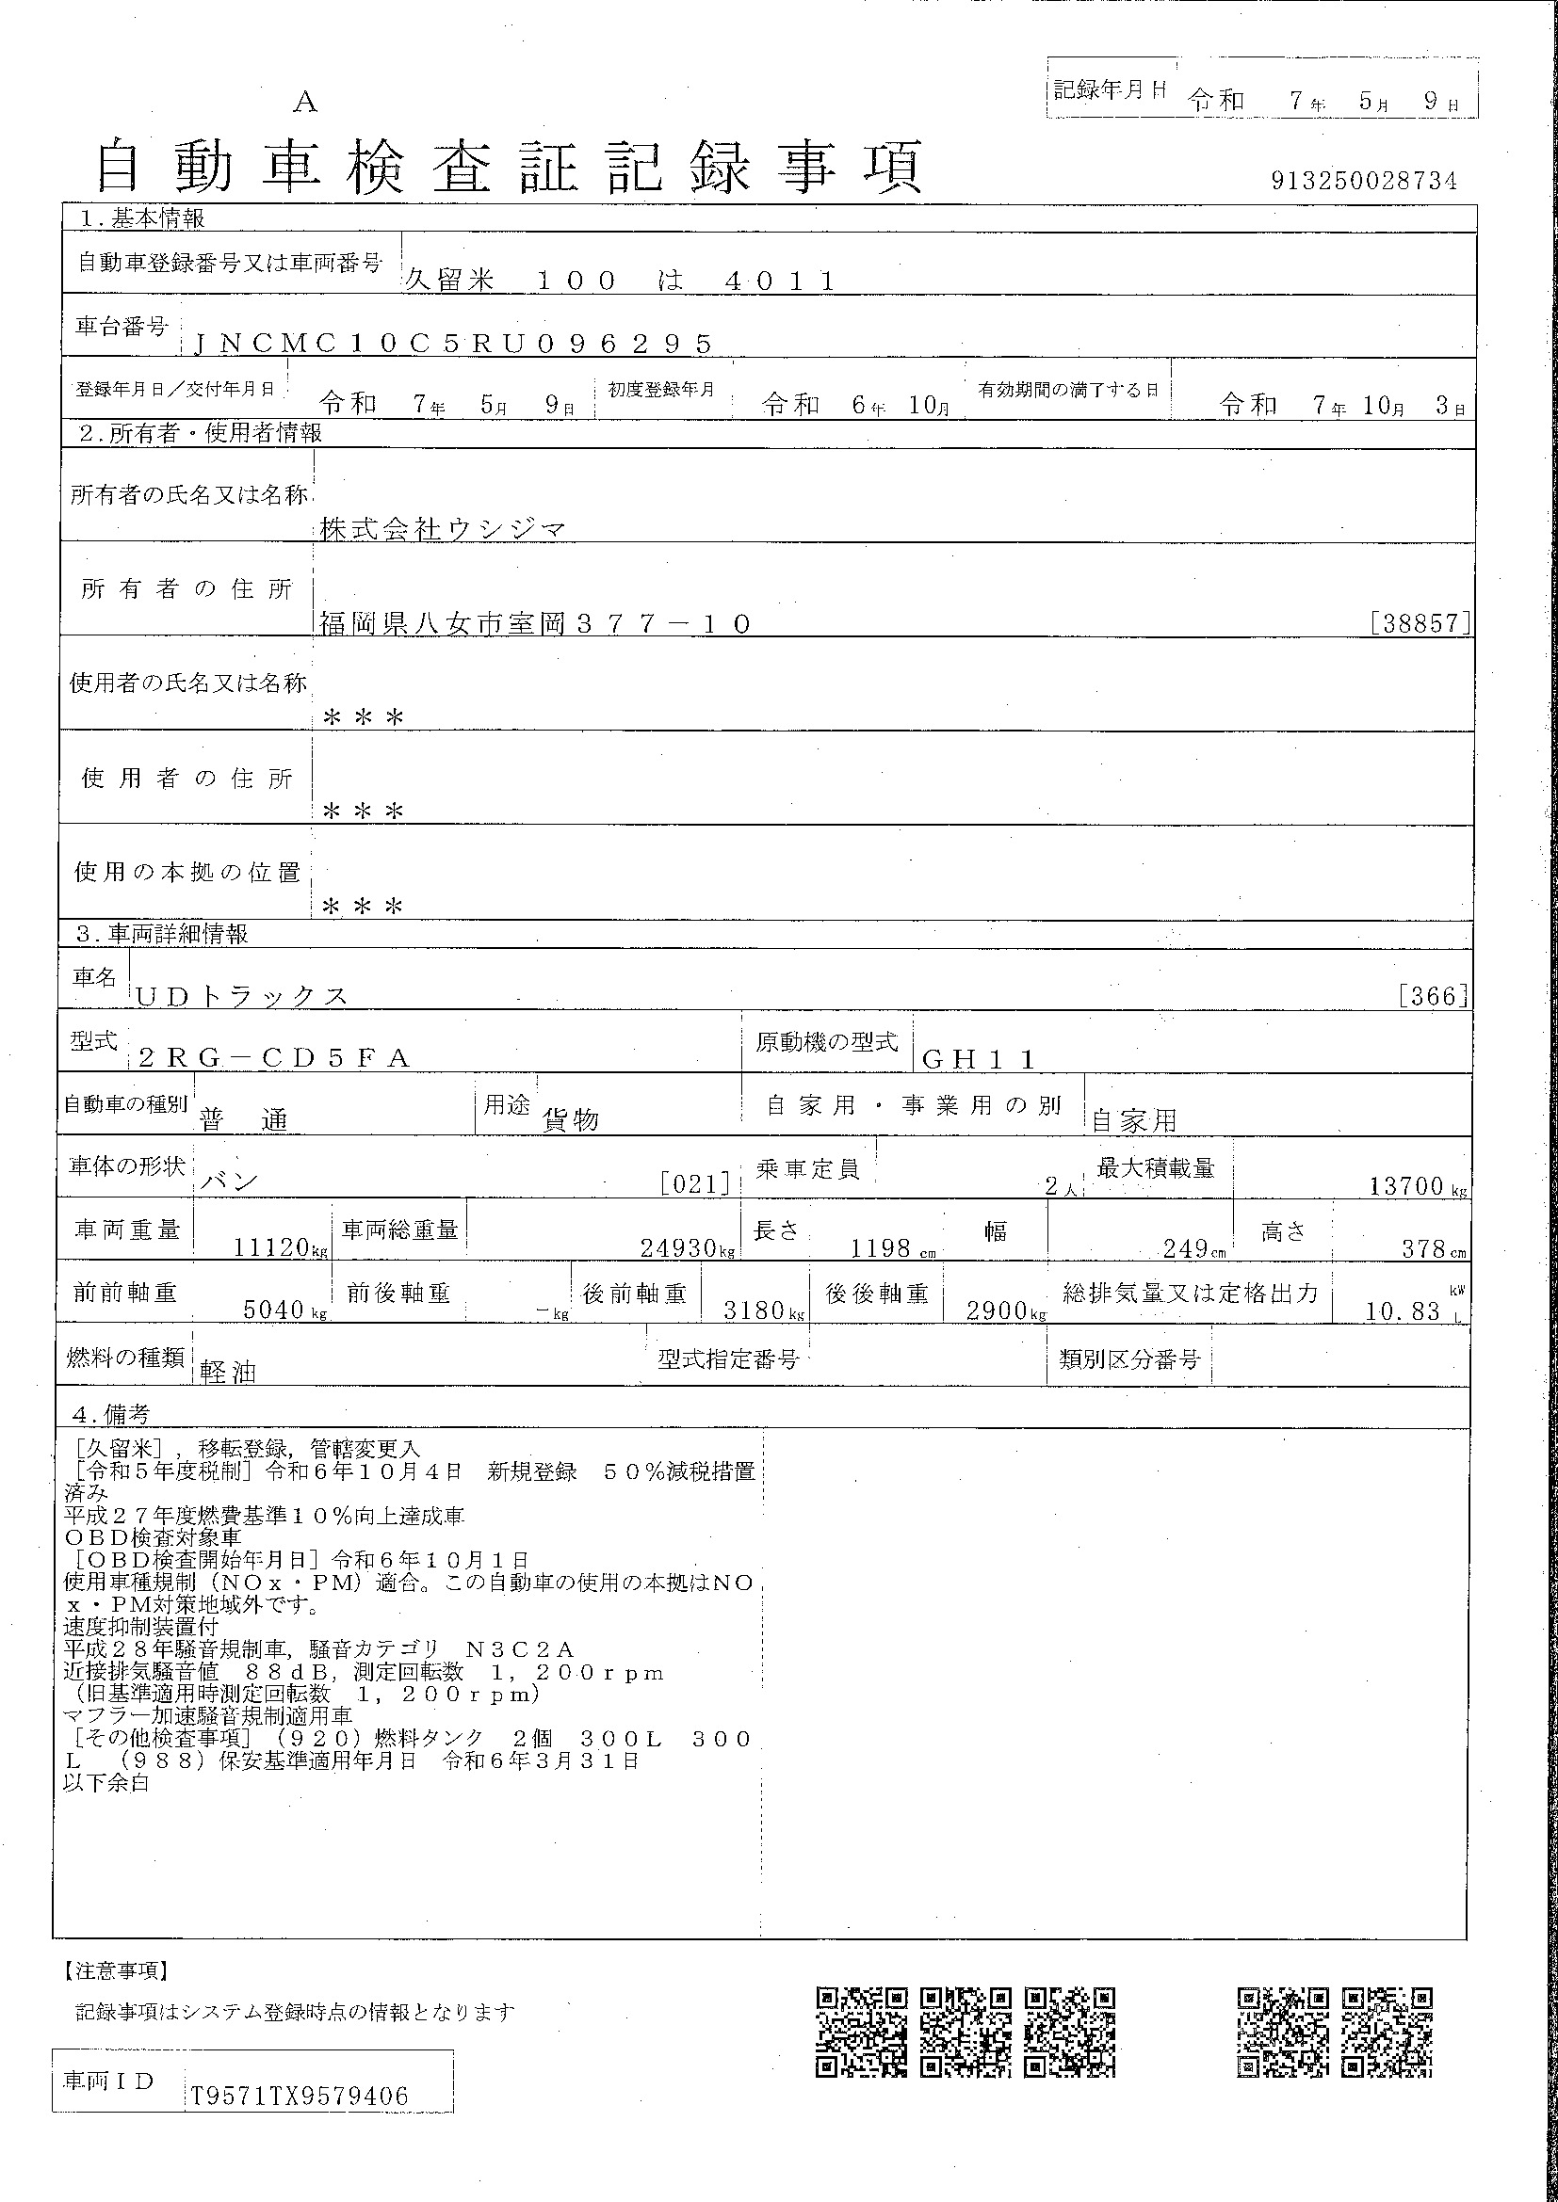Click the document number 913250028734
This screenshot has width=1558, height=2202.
(x=1363, y=182)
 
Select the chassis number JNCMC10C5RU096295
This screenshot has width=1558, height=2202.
(x=453, y=344)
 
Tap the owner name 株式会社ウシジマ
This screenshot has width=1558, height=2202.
(x=443, y=528)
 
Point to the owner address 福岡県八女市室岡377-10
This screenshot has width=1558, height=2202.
(x=534, y=624)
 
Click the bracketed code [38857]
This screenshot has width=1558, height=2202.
(x=1420, y=623)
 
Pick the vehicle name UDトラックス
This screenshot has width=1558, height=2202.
(x=242, y=996)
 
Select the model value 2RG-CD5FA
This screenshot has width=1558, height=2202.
(x=274, y=1058)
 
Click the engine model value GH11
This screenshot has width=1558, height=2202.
(x=979, y=1059)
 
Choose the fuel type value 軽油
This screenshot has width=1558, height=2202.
(x=228, y=1373)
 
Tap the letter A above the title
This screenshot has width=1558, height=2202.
(x=305, y=102)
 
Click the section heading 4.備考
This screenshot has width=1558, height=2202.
(x=111, y=1415)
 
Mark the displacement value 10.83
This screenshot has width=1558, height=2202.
(x=1403, y=1311)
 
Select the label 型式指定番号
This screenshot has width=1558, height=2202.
(x=728, y=1359)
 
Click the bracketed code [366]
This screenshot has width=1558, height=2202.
(x=1434, y=996)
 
